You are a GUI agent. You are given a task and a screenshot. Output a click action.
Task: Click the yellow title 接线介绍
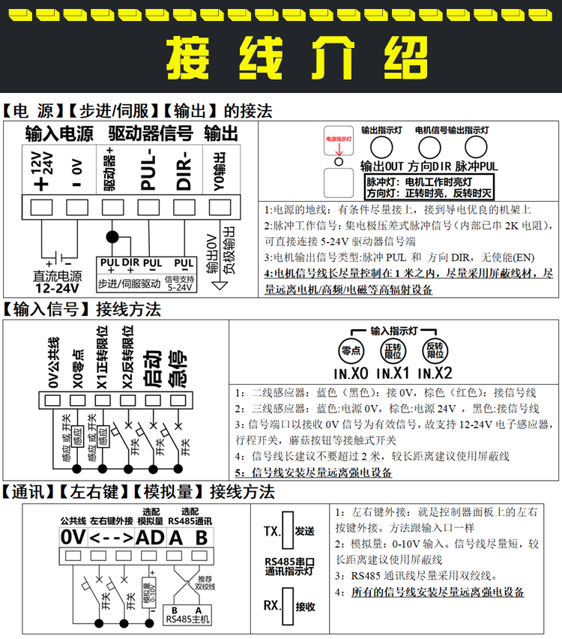(x=281, y=58)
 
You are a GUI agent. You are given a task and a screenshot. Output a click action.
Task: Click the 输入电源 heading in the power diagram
(x=59, y=135)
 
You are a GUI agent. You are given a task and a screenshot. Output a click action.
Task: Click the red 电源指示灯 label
(x=338, y=139)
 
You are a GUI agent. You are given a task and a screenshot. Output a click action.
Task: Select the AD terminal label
(x=149, y=537)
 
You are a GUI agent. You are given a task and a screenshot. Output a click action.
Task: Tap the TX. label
(x=271, y=532)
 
